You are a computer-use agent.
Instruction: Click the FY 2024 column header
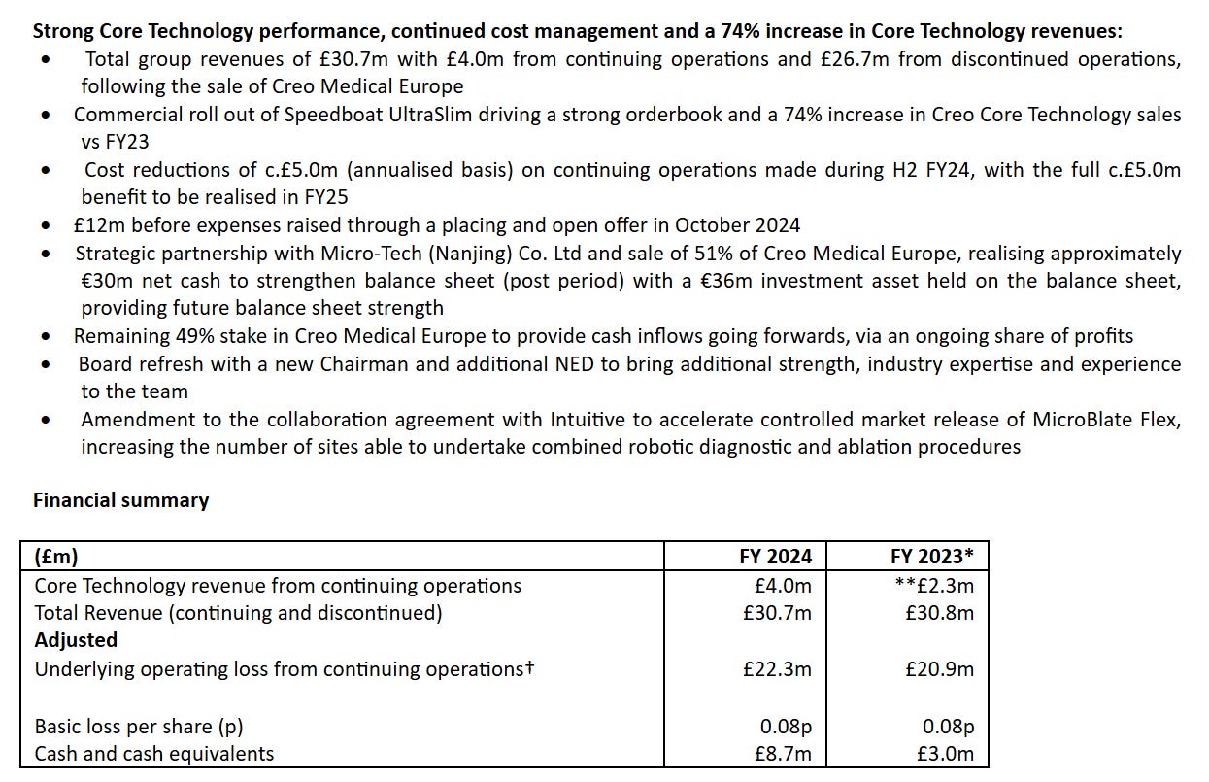[775, 557]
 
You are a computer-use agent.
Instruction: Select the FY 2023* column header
[931, 557]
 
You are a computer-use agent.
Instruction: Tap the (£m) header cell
[56, 557]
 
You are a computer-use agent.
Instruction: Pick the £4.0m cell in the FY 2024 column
[784, 585]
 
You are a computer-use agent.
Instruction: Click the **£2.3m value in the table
[934, 585]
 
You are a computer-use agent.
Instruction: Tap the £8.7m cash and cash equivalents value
[784, 753]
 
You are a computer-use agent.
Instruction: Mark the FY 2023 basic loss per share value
[948, 726]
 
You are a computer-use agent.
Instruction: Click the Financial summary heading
[120, 500]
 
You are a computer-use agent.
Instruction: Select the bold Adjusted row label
[76, 640]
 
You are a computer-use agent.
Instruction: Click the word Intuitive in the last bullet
[589, 420]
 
